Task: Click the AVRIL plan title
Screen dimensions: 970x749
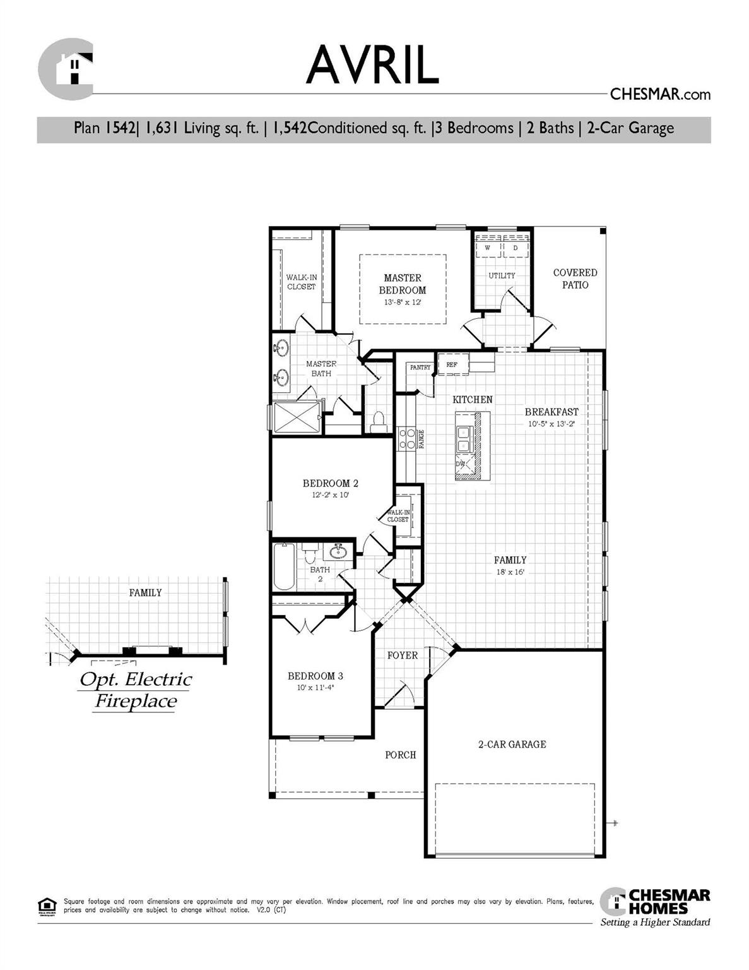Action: point(372,64)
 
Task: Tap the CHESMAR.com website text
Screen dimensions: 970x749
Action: point(659,95)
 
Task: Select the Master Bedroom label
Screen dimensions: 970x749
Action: point(403,284)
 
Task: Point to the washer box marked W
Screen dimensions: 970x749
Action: point(487,248)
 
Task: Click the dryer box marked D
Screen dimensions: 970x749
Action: point(516,248)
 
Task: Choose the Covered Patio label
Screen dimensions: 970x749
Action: point(575,278)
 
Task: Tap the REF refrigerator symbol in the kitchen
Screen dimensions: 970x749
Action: point(452,365)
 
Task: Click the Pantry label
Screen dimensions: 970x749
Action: point(420,368)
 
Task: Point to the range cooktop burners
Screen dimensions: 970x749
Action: point(407,439)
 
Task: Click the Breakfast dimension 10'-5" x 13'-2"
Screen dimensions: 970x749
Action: point(551,424)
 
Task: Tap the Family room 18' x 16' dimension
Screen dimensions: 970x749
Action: point(510,572)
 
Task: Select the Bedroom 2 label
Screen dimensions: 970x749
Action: point(330,484)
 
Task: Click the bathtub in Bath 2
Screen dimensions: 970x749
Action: point(284,566)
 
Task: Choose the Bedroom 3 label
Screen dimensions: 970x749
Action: point(316,676)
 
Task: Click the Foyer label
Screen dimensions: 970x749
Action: point(403,656)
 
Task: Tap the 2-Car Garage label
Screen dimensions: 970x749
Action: point(512,745)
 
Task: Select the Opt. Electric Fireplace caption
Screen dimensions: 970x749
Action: point(136,690)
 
